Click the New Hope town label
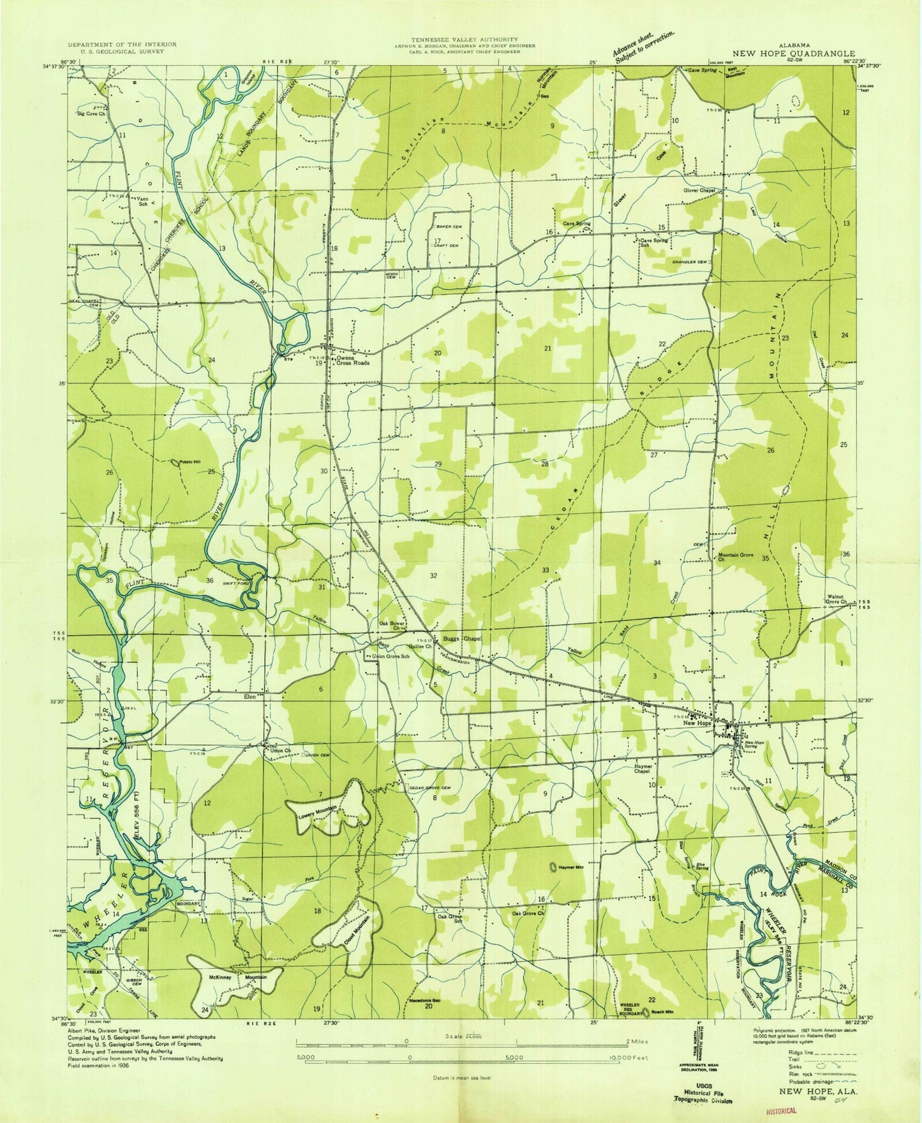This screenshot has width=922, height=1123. coord(697,723)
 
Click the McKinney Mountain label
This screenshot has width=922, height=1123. coord(235,978)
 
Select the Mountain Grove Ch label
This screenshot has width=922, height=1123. coord(736,557)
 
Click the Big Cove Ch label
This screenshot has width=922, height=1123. coord(91,115)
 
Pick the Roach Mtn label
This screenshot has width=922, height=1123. coord(662,1012)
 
